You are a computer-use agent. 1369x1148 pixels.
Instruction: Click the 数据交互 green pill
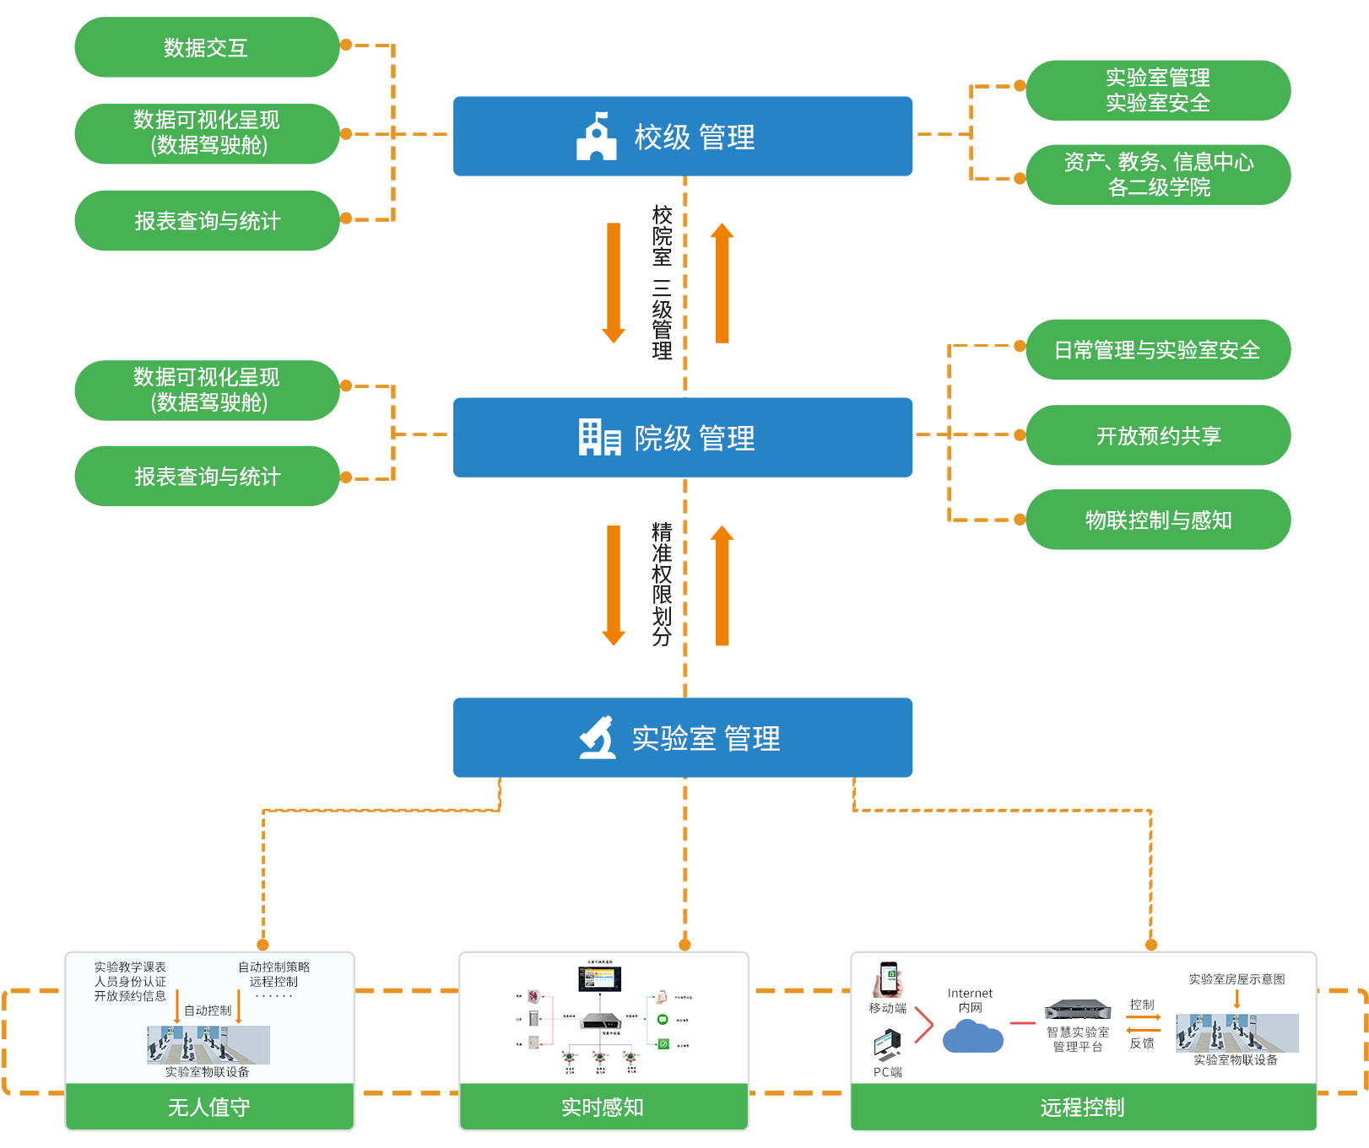pyautogui.click(x=207, y=47)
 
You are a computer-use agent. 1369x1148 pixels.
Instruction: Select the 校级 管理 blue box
pyautogui.click(x=682, y=136)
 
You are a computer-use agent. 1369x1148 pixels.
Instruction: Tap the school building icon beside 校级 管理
pyautogui.click(x=597, y=137)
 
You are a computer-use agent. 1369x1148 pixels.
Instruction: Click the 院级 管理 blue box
pyautogui.click(x=682, y=437)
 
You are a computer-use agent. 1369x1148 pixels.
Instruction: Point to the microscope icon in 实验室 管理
pyautogui.click(x=598, y=737)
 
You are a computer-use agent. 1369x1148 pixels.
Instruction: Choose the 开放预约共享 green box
pyautogui.click(x=1159, y=435)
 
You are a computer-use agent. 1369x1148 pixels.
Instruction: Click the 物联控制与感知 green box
pyautogui.click(x=1159, y=520)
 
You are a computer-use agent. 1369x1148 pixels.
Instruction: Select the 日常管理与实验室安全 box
pyautogui.click(x=1159, y=349)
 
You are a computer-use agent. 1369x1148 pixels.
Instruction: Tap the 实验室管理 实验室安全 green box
pyautogui.click(x=1159, y=90)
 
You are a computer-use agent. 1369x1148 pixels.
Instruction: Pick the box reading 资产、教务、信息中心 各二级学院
pyautogui.click(x=1159, y=175)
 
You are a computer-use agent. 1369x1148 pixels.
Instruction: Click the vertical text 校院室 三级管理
pyautogui.click(x=663, y=283)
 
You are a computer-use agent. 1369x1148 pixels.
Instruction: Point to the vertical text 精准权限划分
pyautogui.click(x=663, y=584)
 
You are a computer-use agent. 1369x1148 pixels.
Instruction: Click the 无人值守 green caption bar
pyautogui.click(x=209, y=1107)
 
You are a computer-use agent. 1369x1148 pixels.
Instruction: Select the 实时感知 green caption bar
pyautogui.click(x=603, y=1107)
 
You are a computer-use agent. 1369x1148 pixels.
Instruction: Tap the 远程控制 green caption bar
pyautogui.click(x=1083, y=1107)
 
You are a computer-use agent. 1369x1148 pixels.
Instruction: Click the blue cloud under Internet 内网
pyautogui.click(x=972, y=1037)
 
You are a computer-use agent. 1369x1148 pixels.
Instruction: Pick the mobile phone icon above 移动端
pyautogui.click(x=889, y=979)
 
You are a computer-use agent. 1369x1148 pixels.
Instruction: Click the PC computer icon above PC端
pyautogui.click(x=887, y=1046)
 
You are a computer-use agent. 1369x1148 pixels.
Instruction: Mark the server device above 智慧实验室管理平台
pyautogui.click(x=1078, y=1009)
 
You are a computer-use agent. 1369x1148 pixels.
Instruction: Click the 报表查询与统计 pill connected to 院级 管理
pyautogui.click(x=207, y=477)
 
